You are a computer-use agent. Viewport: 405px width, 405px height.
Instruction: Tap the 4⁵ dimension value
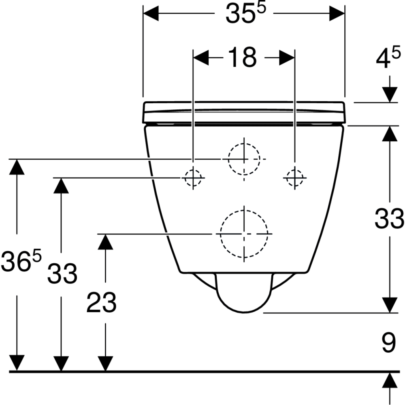point(388,60)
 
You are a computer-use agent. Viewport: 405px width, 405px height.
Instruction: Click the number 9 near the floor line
point(388,343)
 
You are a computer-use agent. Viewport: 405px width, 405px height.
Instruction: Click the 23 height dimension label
point(101,303)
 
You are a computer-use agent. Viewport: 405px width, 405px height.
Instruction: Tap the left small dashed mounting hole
point(193,177)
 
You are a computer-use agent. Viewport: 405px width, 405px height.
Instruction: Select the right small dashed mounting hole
point(294,177)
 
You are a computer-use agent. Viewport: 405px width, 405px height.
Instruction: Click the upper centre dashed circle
point(244,159)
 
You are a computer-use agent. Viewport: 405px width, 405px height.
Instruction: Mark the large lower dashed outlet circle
point(244,234)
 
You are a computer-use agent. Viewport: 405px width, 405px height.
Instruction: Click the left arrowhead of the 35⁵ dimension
point(151,14)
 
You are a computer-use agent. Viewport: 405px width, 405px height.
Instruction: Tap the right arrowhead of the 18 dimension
point(287,58)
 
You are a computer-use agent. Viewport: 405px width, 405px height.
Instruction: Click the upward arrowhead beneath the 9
point(390,380)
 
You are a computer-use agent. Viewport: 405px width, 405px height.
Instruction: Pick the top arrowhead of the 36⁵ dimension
point(17,166)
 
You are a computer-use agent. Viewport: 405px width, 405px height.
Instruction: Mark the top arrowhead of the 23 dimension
point(105,241)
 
